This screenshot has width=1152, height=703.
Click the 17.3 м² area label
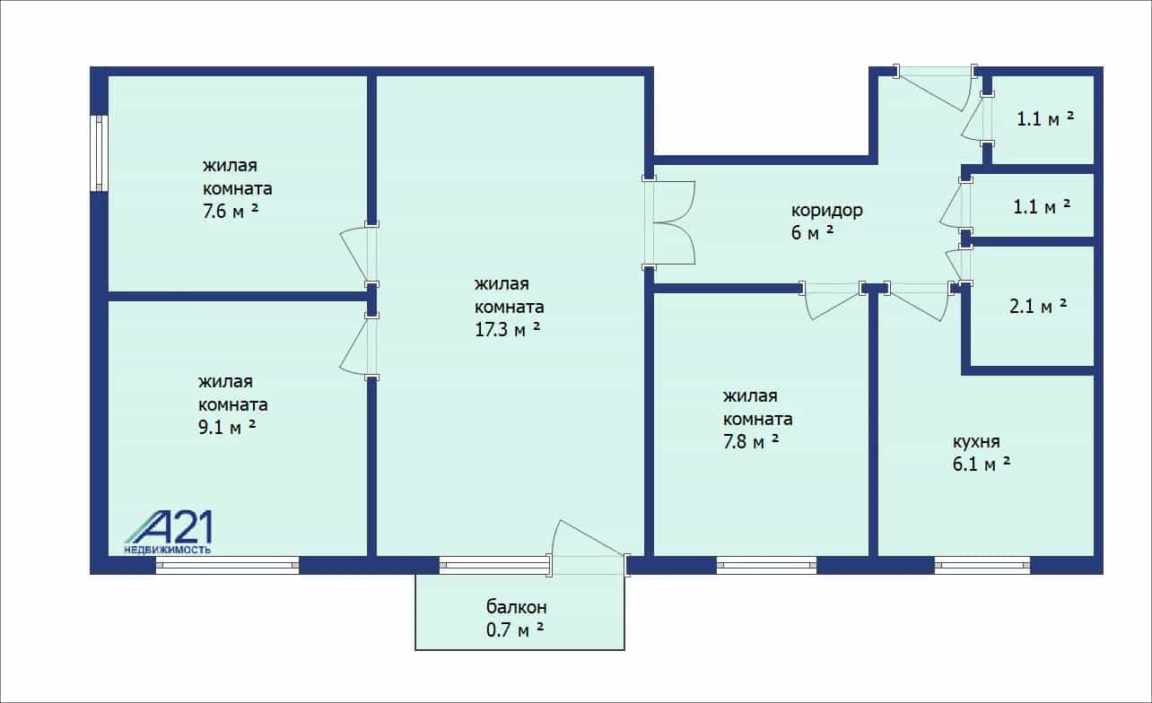tap(507, 329)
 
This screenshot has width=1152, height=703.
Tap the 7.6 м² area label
tap(231, 211)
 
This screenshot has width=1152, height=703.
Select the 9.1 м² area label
tap(227, 427)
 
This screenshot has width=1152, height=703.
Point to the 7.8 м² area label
tap(751, 441)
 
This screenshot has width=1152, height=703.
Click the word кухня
tap(976, 441)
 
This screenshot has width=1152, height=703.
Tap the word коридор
tap(827, 210)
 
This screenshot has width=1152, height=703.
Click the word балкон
tap(517, 607)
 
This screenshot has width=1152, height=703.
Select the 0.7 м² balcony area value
tap(515, 629)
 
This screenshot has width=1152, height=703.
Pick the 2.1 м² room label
tap(1038, 307)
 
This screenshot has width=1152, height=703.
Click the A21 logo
tap(170, 527)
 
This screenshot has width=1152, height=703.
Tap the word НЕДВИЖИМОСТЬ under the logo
tap(168, 551)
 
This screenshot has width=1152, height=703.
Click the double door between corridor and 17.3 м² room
tap(669, 222)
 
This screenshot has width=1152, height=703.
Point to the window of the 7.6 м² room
tap(100, 153)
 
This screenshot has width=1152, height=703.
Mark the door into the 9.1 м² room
tap(359, 346)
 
